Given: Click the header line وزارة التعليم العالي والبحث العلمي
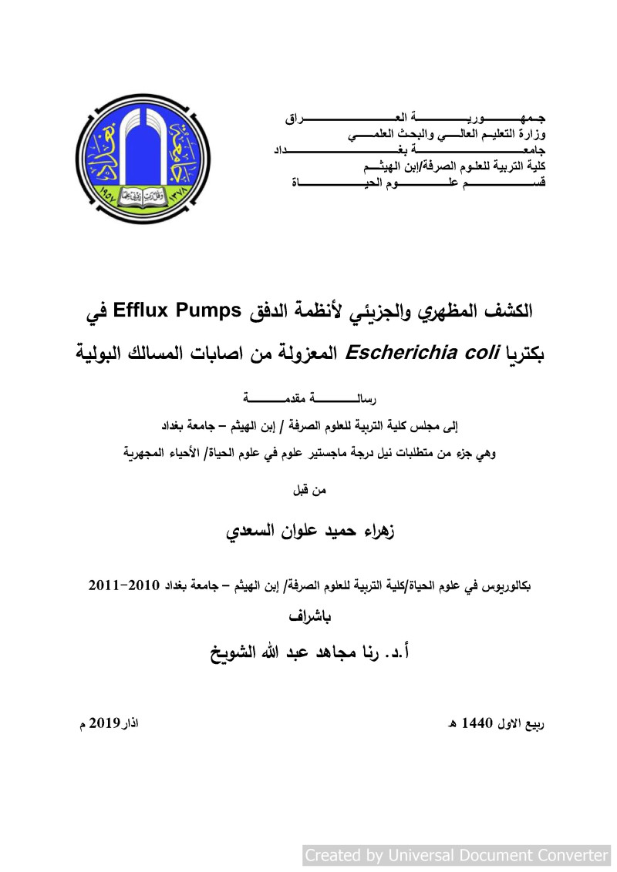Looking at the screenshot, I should (x=447, y=135).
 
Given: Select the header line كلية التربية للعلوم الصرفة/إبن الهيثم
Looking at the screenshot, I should (x=454, y=166).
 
